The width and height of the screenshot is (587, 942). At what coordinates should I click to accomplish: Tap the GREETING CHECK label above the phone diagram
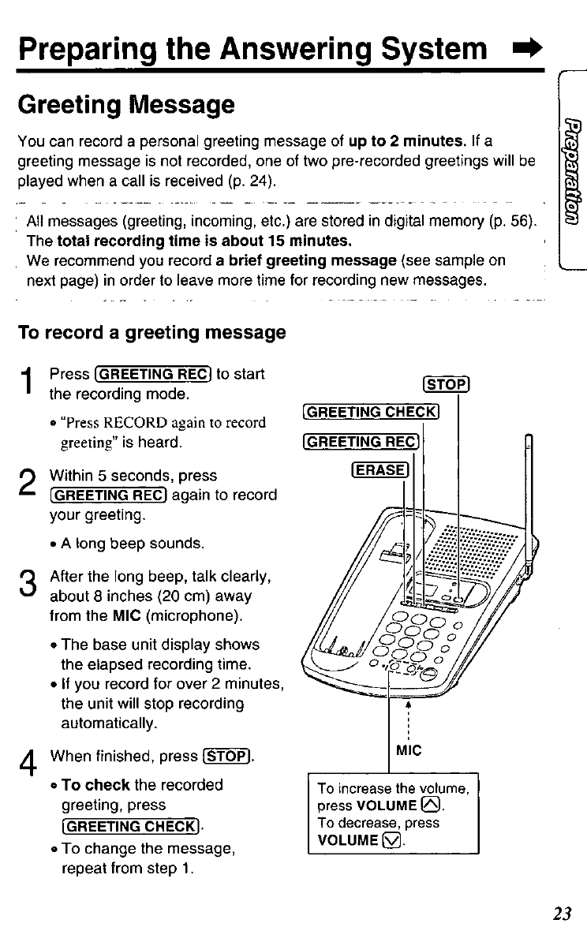[370, 412]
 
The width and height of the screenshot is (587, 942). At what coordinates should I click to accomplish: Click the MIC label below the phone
[409, 750]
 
